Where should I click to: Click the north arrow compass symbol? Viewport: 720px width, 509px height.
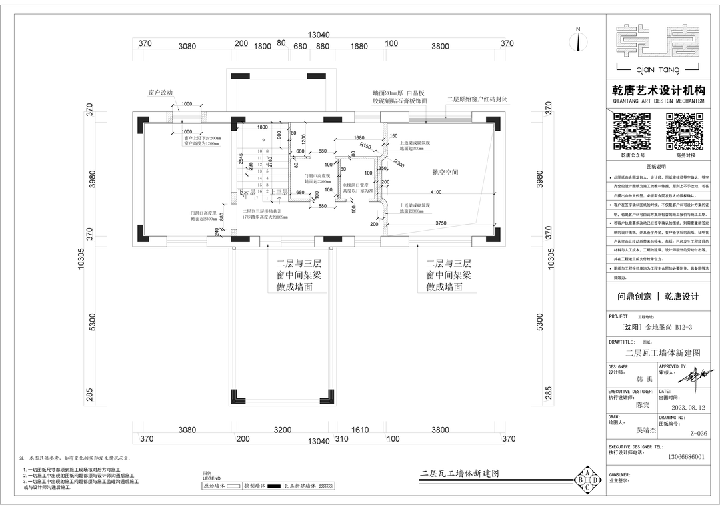tap(578, 41)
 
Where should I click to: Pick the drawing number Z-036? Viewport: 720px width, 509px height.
tap(698, 434)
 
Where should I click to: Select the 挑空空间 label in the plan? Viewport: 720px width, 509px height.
tap(445, 173)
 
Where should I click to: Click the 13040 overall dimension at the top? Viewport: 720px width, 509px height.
tap(319, 35)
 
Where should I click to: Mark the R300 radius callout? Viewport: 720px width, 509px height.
tap(399, 162)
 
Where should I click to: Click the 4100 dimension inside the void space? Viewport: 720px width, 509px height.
tap(436, 193)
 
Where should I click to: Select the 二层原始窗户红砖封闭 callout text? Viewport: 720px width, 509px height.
tap(477, 99)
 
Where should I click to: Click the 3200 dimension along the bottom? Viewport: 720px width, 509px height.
tap(283, 430)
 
